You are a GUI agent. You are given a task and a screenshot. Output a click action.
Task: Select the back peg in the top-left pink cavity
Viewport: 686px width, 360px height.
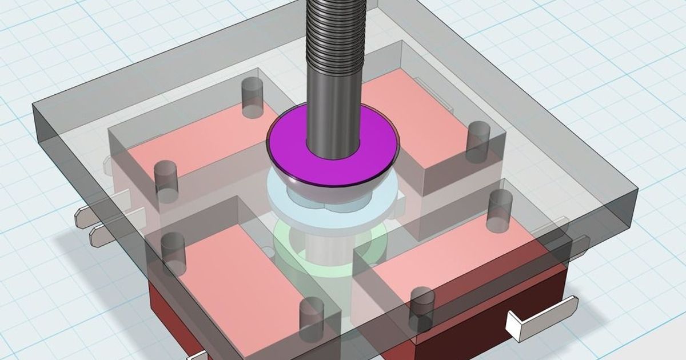[x=251, y=97]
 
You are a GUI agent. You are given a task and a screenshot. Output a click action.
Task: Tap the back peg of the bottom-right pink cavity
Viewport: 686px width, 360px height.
[x=500, y=209]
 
